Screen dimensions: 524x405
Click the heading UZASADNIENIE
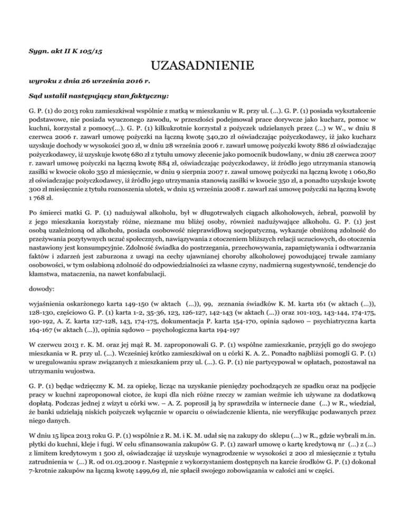point(202,67)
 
